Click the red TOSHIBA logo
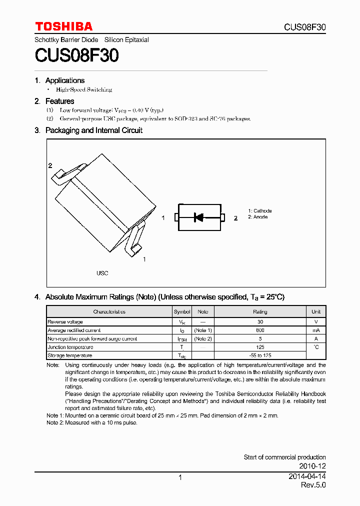[x=63, y=26]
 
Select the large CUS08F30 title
[x=76, y=55]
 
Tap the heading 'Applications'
[x=65, y=80]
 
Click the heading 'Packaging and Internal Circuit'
[x=94, y=130]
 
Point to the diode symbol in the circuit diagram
[x=198, y=217]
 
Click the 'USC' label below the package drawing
[x=102, y=273]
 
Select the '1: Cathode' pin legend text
[x=260, y=211]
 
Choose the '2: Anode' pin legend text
[x=258, y=217]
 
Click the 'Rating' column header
[x=260, y=311]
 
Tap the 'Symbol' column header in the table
[x=182, y=311]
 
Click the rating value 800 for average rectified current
[x=260, y=330]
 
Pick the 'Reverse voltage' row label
[x=65, y=322]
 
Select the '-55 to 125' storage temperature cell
[x=260, y=355]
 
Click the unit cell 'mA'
[x=316, y=330]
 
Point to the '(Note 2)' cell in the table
[x=203, y=338]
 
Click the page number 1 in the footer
[x=180, y=477]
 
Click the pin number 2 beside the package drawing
[x=50, y=165]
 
